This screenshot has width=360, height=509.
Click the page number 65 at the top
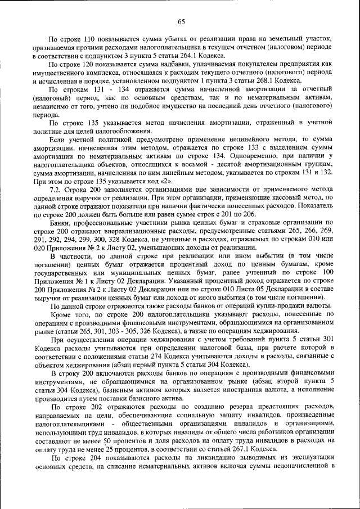coord(181,22)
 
